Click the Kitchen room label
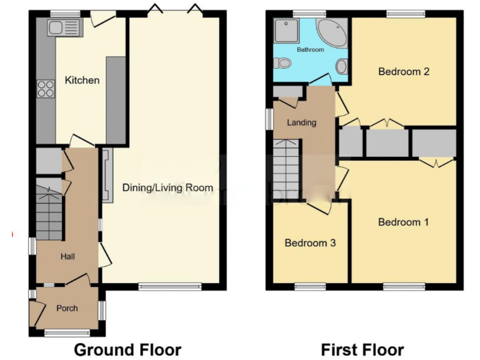click(82, 80)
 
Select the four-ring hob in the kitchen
click(46, 89)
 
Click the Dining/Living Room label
click(167, 187)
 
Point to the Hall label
click(67, 256)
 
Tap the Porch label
click(67, 308)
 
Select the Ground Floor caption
click(127, 349)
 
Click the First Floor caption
click(362, 349)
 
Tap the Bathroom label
click(310, 49)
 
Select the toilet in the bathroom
click(282, 62)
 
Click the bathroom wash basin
click(342, 66)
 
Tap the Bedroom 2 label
click(403, 71)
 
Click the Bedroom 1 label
click(403, 222)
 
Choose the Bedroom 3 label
click(310, 242)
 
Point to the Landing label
click(301, 122)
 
